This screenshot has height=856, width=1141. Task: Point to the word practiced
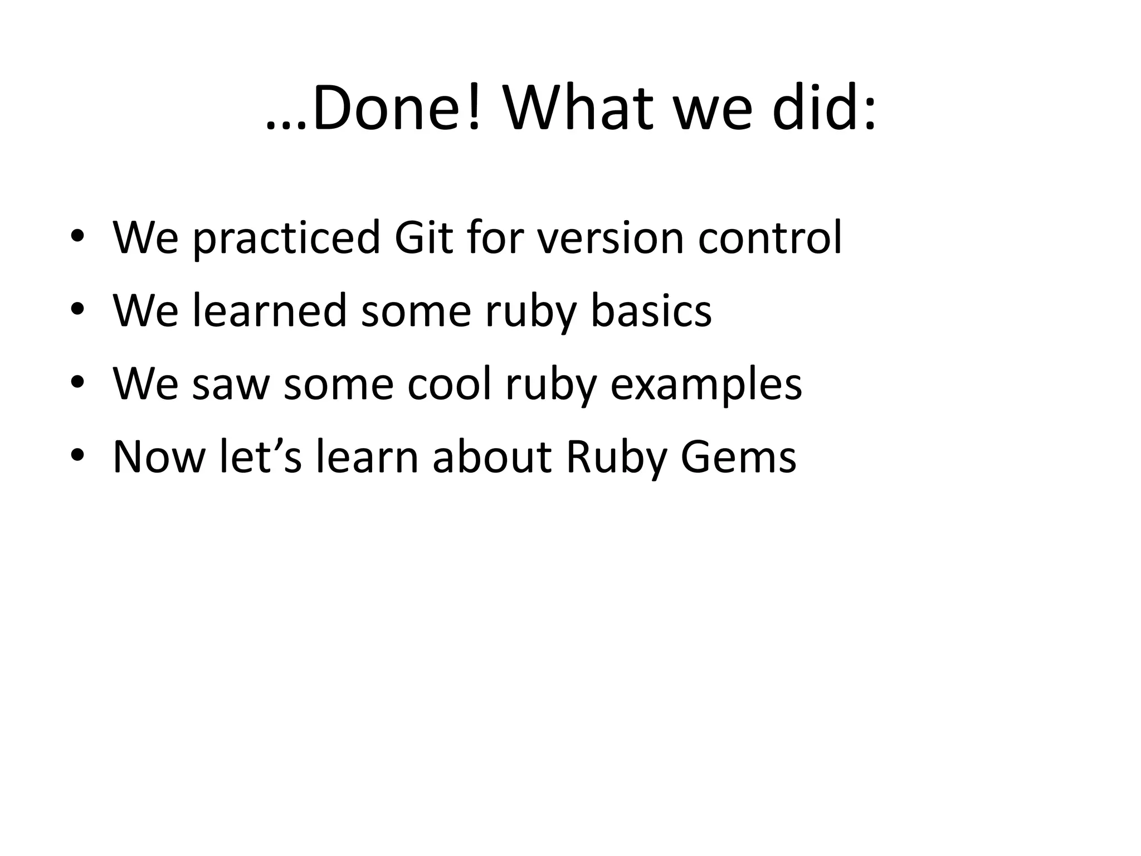pos(286,239)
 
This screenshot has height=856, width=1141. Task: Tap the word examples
pos(706,384)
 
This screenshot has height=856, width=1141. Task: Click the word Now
pos(159,457)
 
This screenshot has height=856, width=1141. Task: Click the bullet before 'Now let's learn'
pos(77,457)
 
